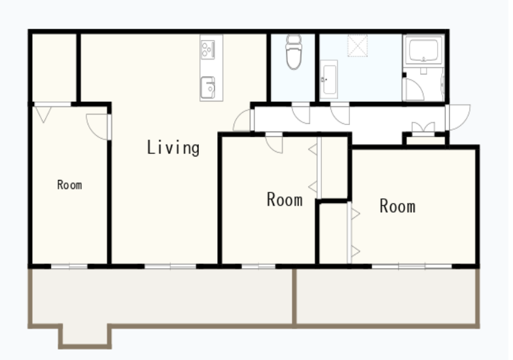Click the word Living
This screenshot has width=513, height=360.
tap(173, 148)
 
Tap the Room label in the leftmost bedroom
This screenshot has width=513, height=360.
tap(69, 185)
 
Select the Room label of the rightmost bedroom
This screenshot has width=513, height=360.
tap(398, 206)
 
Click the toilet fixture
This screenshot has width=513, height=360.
tap(294, 52)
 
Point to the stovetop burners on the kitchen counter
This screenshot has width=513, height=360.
tap(208, 50)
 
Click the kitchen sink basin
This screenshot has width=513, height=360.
tap(208, 88)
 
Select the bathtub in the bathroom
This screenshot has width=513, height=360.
tap(424, 50)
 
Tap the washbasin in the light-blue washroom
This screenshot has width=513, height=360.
tap(328, 79)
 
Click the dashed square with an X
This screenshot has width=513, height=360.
tap(357, 46)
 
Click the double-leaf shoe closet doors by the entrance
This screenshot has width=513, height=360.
tap(423, 128)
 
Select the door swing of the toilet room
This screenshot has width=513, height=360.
tap(301, 114)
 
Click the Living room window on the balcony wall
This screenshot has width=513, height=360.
tap(170, 267)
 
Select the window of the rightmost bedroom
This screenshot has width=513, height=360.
tap(412, 266)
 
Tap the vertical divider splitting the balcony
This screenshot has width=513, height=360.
tap(294, 298)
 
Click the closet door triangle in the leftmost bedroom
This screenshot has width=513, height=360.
tap(43, 115)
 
